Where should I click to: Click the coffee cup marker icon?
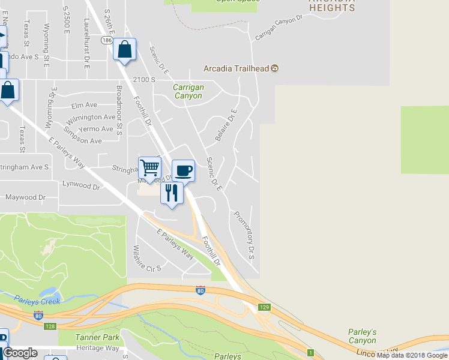[x=183, y=170]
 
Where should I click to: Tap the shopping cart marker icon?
[x=149, y=167]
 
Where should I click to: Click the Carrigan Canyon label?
[x=188, y=91]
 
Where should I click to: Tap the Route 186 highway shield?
[x=107, y=40]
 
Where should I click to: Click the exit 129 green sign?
[x=265, y=307]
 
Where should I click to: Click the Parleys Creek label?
[x=37, y=301]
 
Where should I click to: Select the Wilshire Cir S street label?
[x=147, y=259]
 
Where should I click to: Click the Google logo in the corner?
[x=20, y=353]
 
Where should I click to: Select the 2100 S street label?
[x=144, y=79]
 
